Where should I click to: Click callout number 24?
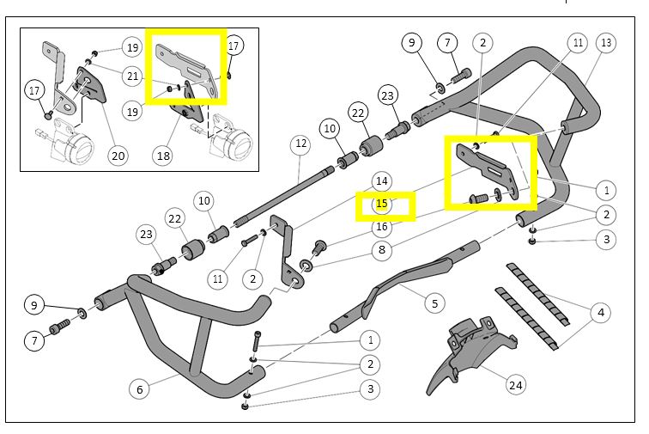(x=516, y=385)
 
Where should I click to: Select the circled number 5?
(x=434, y=303)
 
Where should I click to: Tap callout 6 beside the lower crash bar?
(x=140, y=389)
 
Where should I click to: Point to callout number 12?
(x=300, y=144)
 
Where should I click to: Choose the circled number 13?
(x=606, y=42)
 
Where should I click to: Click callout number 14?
(x=382, y=181)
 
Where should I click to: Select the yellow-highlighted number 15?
(x=382, y=205)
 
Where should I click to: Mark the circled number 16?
(x=382, y=227)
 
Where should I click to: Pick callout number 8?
(x=382, y=250)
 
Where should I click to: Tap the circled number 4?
(x=601, y=312)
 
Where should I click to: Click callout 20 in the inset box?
(x=118, y=156)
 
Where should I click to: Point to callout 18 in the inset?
(x=162, y=156)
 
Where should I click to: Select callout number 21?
(x=131, y=76)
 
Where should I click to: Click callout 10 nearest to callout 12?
(x=329, y=129)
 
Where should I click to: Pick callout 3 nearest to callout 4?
(x=607, y=239)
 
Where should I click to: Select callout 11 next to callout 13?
(x=578, y=42)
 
